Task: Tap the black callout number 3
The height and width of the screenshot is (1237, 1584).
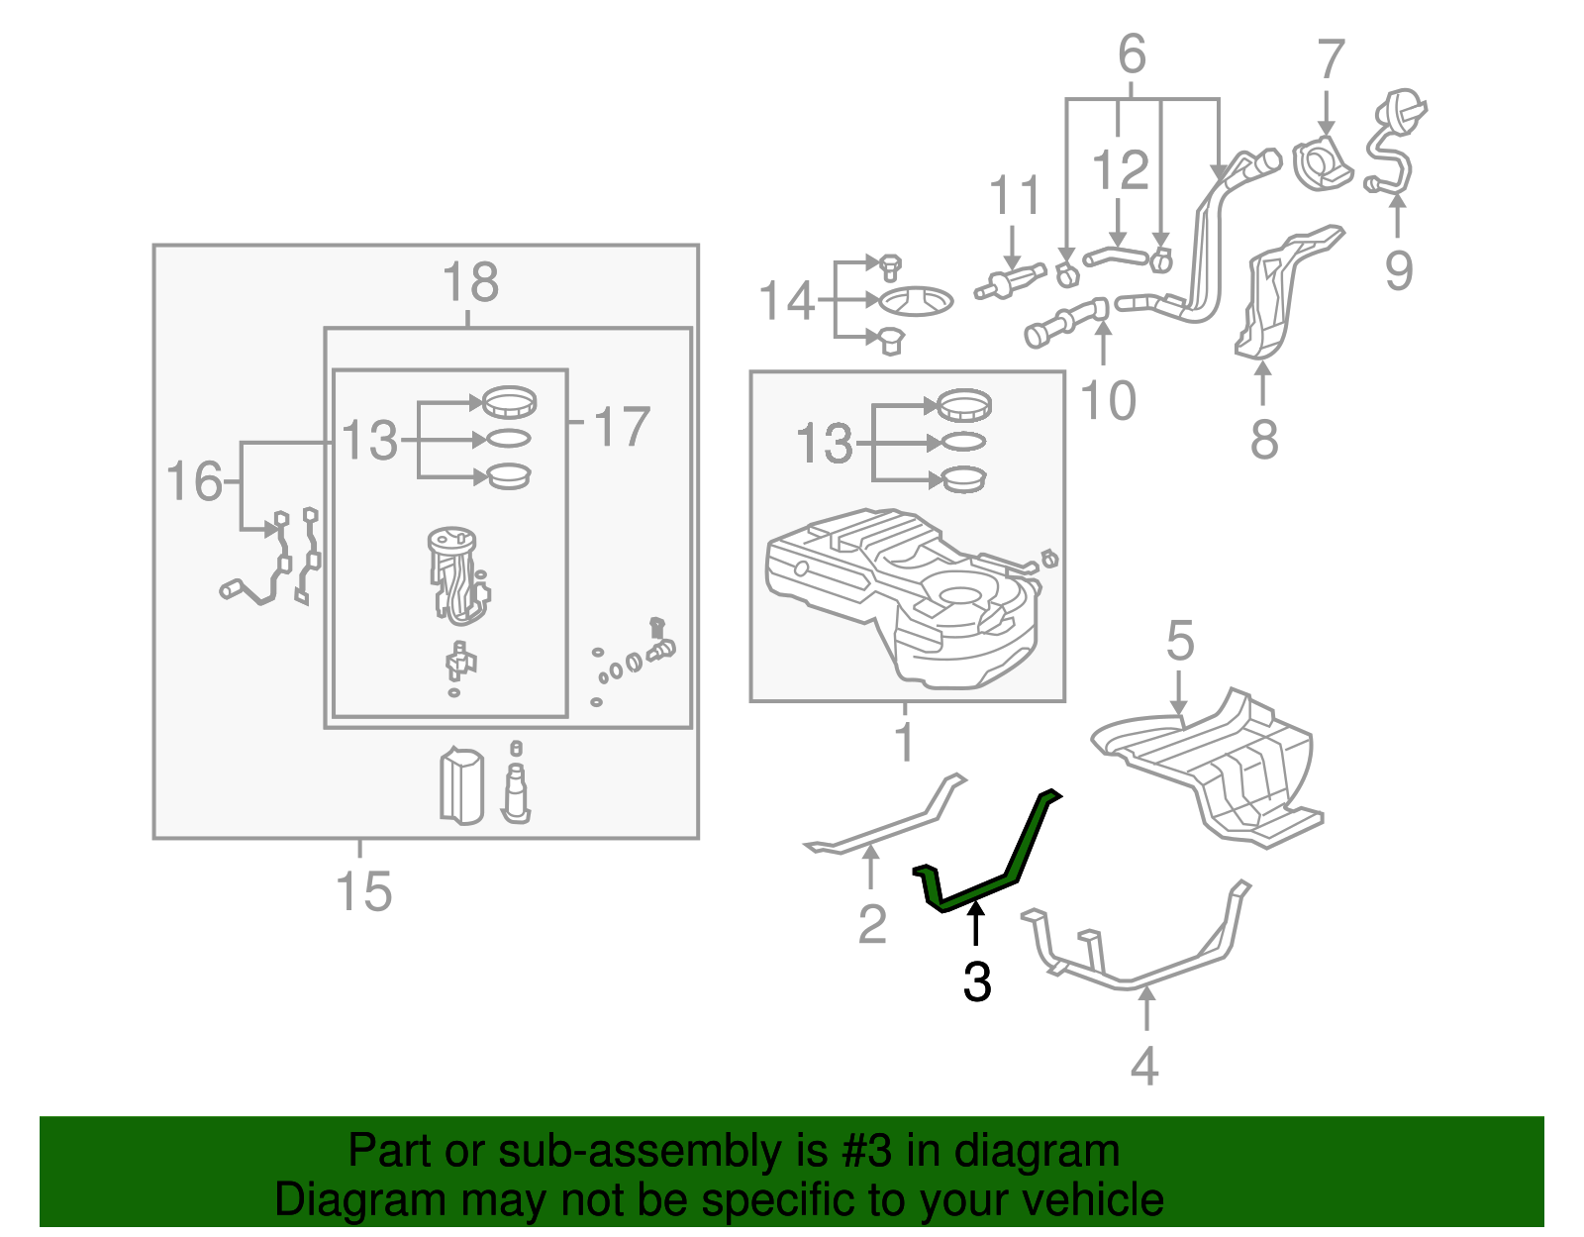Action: click(x=976, y=981)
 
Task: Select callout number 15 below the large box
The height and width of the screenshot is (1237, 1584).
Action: click(x=363, y=891)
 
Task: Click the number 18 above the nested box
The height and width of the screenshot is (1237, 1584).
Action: click(x=469, y=282)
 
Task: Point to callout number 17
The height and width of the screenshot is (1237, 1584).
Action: click(x=622, y=427)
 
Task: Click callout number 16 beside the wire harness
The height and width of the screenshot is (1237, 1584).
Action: click(x=194, y=481)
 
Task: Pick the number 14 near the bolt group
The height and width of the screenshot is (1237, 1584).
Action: click(x=786, y=301)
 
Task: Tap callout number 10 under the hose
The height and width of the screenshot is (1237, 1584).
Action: click(x=1108, y=401)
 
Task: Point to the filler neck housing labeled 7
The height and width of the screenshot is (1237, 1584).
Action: click(x=1322, y=164)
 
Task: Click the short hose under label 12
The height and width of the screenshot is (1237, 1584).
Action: click(x=1116, y=258)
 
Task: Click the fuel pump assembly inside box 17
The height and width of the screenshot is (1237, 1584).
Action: click(x=455, y=574)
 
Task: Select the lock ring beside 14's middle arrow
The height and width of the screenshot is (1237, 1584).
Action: click(x=917, y=299)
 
